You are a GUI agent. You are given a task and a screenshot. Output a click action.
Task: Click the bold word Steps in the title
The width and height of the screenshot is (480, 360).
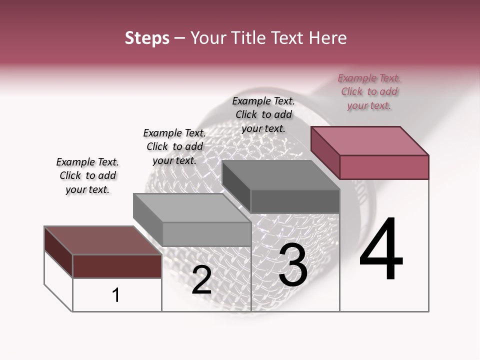tap(147, 38)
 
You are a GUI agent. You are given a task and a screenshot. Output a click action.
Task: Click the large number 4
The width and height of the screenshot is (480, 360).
tap(381, 250)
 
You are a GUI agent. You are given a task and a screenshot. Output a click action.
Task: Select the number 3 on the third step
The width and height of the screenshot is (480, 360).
tap(293, 265)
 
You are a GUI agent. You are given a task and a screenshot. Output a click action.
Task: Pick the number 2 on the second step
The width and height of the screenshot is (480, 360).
tap(202, 280)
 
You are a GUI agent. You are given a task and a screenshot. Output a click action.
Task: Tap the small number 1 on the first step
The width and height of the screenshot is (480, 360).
tap(116, 295)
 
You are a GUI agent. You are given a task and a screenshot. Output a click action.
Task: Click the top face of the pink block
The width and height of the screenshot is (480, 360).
tap(370, 140)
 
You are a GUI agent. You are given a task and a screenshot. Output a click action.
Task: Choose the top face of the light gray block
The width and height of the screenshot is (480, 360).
tap(192, 208)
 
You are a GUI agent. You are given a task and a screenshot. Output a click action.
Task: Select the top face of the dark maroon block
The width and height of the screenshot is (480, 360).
tap(102, 240)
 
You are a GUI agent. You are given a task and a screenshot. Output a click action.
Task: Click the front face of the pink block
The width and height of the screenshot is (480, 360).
tap(384, 167)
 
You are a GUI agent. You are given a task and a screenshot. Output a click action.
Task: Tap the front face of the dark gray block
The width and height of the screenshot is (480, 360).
tap(295, 201)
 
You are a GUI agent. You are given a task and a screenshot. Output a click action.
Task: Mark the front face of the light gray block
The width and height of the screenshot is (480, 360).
tap(206, 234)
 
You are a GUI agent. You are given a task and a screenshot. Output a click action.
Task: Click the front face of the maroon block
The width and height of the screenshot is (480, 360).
tap(117, 266)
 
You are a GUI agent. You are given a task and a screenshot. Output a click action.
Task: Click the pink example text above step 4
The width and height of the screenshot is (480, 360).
tap(369, 92)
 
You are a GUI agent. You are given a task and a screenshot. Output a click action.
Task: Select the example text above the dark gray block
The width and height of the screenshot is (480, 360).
tap(263, 115)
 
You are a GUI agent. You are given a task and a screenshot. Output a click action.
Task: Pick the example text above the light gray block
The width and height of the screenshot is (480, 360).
tap(174, 147)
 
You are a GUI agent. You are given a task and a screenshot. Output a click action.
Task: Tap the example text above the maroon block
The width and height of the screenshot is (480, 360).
tap(87, 176)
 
